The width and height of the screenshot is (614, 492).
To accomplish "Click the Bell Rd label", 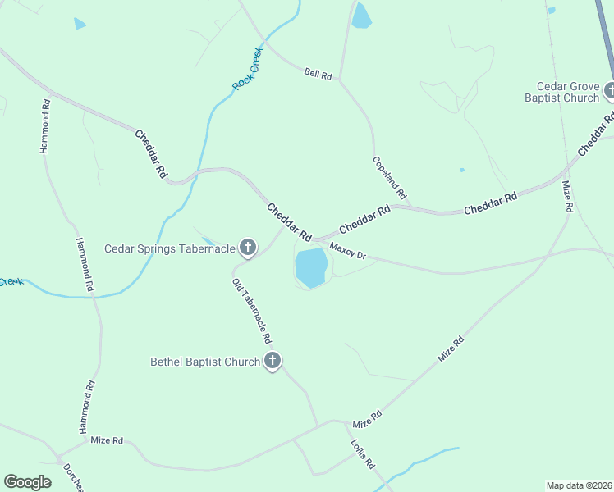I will (318, 74).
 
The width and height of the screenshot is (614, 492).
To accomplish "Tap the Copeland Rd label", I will (389, 178).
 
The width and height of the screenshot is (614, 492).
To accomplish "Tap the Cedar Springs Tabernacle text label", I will (170, 248).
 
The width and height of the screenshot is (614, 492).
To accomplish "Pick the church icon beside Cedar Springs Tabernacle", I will (247, 247).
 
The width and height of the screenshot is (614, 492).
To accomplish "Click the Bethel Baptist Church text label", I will (204, 361).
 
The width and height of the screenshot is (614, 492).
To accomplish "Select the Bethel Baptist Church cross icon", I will (273, 361).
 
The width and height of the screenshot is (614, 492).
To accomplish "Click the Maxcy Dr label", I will (347, 251).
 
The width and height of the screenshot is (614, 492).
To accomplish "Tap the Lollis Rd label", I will (362, 452).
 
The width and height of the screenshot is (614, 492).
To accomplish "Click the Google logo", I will (28, 482).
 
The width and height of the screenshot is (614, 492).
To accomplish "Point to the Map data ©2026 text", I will (579, 485).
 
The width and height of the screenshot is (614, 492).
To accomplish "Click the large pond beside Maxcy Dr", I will (311, 267).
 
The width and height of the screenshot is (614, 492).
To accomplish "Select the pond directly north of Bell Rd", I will (361, 16).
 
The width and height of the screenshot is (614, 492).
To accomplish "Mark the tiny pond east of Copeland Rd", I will (462, 170).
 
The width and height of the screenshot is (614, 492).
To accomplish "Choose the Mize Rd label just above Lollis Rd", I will (367, 419).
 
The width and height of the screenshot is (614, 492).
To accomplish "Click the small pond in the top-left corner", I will (80, 23).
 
